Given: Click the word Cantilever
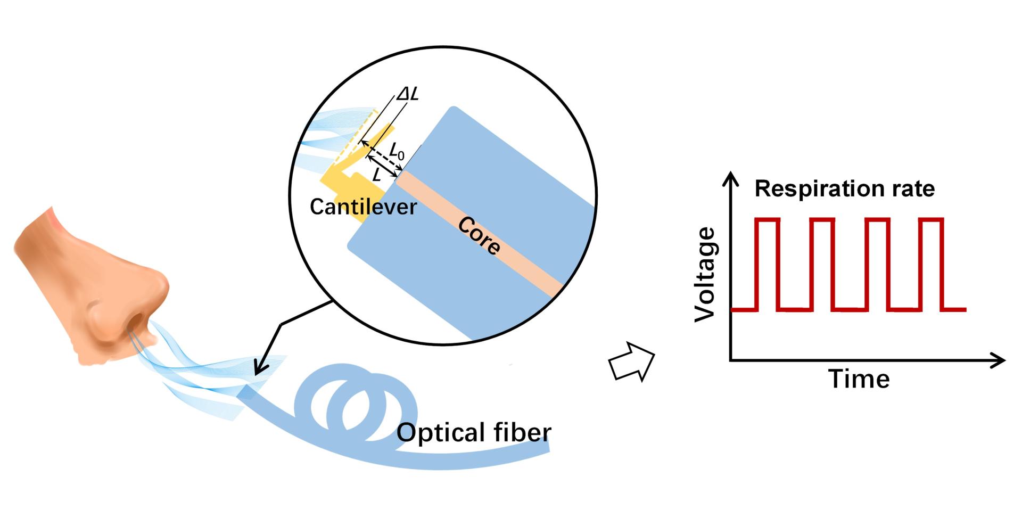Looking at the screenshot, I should tap(363, 207).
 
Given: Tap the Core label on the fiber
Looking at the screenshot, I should tap(479, 235).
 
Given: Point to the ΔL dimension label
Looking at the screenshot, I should tap(407, 94).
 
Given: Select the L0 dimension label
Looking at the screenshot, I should tap(397, 153).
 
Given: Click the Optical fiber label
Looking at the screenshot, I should tap(474, 432).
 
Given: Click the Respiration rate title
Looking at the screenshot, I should tap(844, 189).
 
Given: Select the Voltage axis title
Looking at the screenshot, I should tap(706, 275).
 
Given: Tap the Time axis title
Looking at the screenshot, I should tap(859, 380).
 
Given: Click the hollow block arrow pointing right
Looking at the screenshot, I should tap(631, 361).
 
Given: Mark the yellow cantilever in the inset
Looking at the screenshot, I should tap(351, 176).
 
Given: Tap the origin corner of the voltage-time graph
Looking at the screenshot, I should tap(731, 361).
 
